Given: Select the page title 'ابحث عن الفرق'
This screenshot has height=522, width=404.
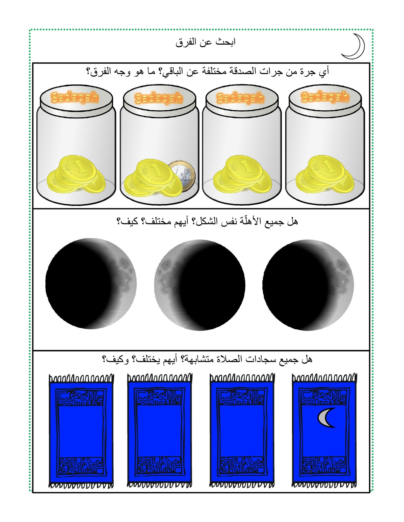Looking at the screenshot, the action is (206, 42).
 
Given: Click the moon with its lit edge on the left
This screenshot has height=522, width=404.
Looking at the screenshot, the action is (199, 285).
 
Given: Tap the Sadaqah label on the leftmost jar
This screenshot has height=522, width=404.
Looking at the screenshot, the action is (74, 97).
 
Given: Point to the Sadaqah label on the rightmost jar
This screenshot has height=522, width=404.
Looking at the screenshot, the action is (325, 97).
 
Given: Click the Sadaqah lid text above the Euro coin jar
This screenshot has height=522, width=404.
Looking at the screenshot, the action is (158, 98).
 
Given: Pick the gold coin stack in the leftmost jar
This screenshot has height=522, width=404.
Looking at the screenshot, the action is (76, 174).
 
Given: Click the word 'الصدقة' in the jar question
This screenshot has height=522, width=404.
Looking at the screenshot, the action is (242, 72).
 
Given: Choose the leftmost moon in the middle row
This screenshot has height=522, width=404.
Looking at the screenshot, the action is (91, 284).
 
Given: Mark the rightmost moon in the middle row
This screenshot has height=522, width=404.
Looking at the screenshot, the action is (308, 285).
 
